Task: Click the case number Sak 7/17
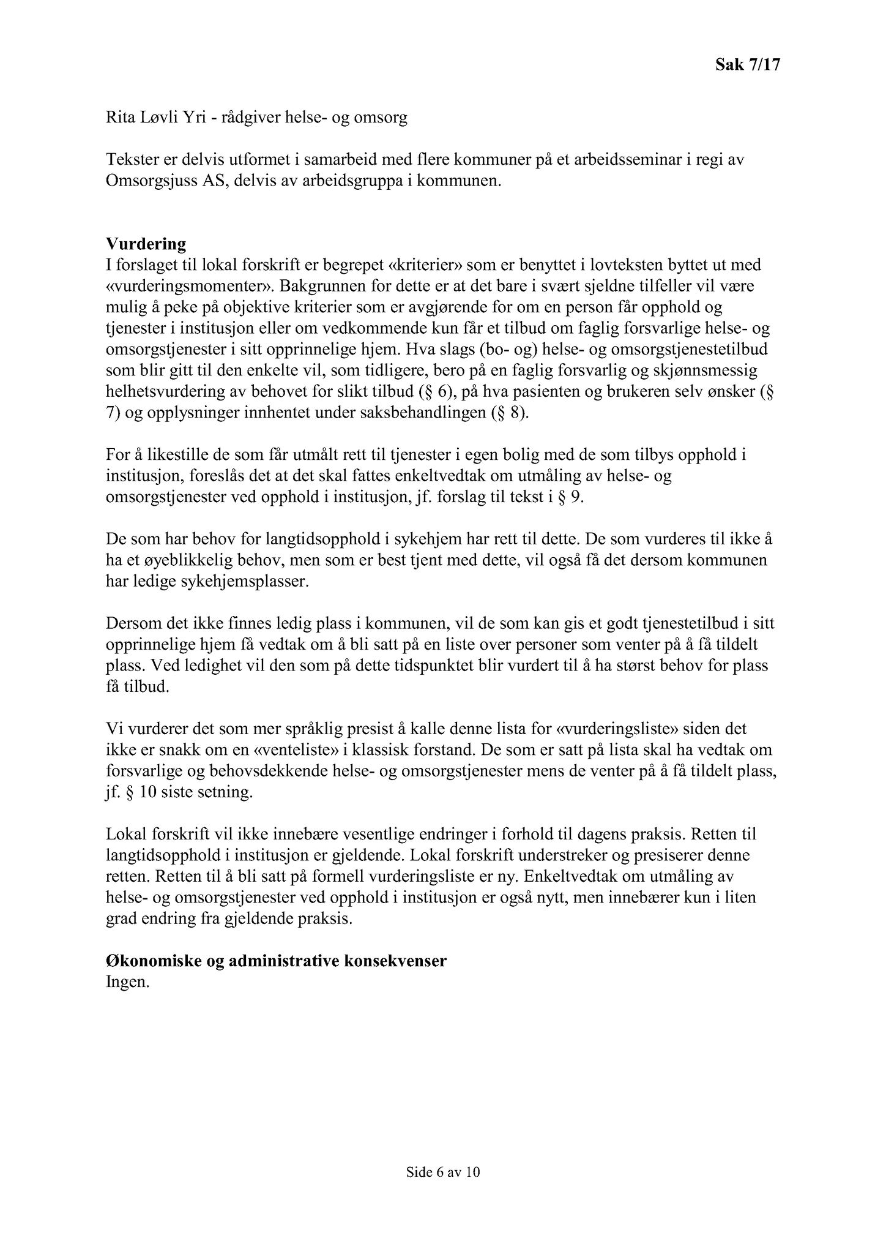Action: (x=748, y=65)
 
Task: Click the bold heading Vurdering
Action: (x=146, y=244)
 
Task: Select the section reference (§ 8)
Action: (x=508, y=413)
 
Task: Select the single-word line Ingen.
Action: (x=127, y=982)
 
